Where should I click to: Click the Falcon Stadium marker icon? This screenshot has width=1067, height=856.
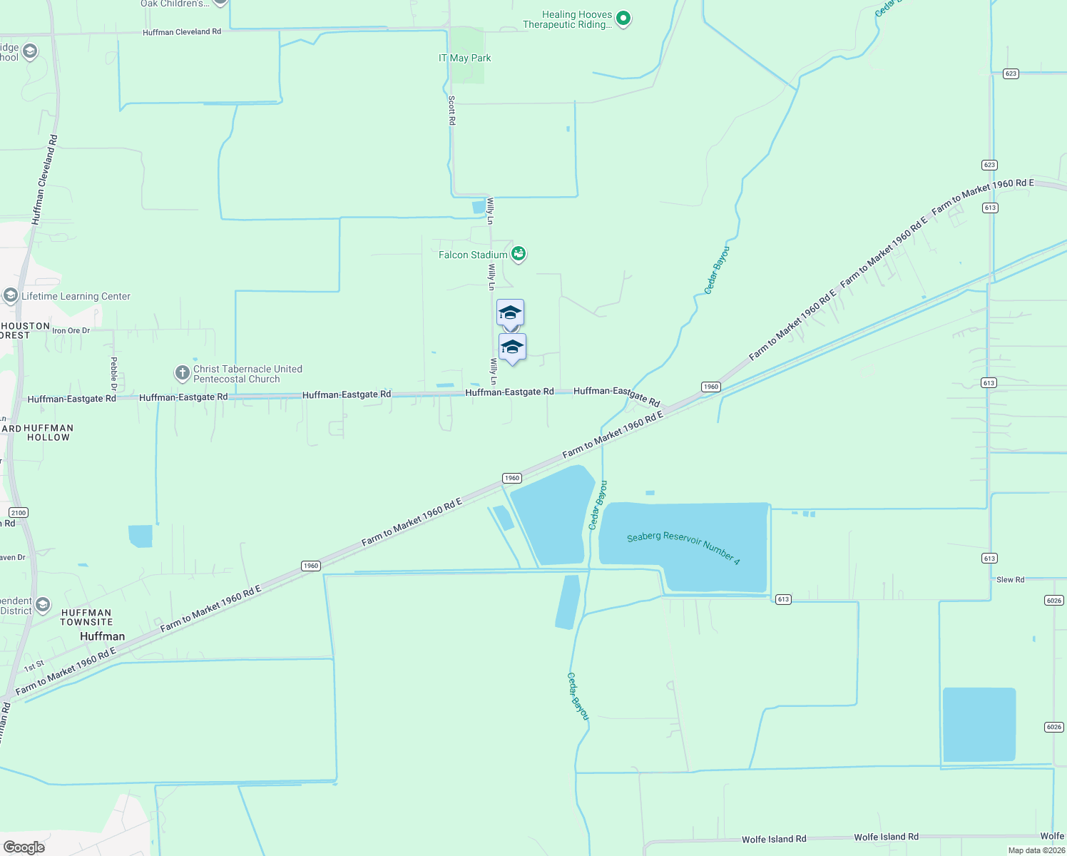coord(519,254)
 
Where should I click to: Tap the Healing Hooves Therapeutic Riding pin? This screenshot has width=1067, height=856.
coord(623,19)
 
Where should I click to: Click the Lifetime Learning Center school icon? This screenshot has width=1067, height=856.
coord(11,295)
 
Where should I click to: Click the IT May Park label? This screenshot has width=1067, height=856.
coord(465,58)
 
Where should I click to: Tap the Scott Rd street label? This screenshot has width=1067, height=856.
coord(451,111)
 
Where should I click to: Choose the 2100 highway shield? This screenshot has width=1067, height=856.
coord(19,512)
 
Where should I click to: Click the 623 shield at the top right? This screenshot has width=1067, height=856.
coord(1011,73)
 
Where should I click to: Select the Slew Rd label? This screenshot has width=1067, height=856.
coord(1010,579)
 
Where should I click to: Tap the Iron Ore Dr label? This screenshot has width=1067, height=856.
coord(71,330)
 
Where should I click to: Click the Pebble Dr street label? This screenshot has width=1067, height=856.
coord(113,374)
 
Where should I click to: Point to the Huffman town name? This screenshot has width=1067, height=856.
coord(102,636)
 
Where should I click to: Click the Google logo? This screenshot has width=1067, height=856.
coord(24,847)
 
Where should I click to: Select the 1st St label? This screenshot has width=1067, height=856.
coord(34,666)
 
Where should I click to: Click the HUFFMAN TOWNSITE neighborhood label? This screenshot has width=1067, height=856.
coord(86,617)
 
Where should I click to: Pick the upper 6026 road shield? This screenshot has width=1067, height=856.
coord(1054,600)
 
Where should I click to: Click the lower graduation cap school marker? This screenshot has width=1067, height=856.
coord(512,347)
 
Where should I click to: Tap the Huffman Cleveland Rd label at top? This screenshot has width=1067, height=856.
coord(182,32)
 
